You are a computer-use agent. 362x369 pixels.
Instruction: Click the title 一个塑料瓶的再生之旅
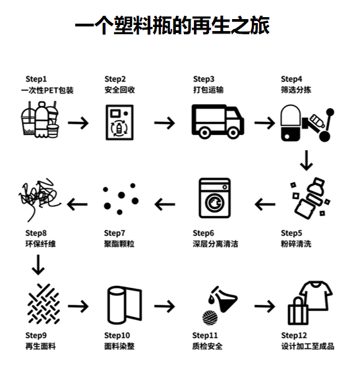(x=172, y=27)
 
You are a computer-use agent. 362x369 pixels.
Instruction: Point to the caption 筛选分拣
(x=295, y=90)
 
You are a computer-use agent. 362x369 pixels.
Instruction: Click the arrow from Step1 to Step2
(x=78, y=123)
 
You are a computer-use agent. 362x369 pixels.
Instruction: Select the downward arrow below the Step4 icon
(x=305, y=160)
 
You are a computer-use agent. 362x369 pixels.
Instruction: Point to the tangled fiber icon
(x=36, y=196)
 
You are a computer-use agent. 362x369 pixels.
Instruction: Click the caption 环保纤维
(x=40, y=244)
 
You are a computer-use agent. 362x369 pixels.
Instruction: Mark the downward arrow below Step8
(x=38, y=264)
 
